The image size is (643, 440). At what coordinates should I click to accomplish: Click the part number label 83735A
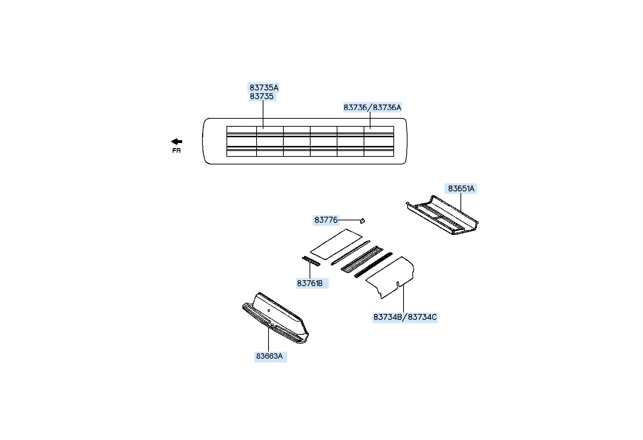pos(264,87)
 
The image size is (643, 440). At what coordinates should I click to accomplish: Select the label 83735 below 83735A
pos(262,97)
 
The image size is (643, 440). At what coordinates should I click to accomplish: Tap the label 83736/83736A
pos(372,107)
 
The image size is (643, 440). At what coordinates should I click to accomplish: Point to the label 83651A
pos(461,188)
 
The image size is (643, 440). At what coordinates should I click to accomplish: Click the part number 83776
pos(326,220)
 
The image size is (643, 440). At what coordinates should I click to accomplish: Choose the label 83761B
pos(310,283)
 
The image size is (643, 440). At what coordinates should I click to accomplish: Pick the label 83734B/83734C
pos(405,317)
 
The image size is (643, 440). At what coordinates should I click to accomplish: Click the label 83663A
pos(269,356)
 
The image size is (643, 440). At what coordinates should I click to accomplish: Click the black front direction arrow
pos(177,142)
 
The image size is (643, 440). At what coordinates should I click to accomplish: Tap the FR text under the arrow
pos(176,151)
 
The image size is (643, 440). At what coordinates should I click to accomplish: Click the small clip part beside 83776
pos(362,220)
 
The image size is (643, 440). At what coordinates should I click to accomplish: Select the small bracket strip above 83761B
pos(311,261)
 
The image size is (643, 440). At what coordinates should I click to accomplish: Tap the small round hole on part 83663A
pos(269,310)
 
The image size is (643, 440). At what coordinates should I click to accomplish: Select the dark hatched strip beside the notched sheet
pos(373,265)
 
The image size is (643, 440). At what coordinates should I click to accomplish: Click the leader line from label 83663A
pos(269,339)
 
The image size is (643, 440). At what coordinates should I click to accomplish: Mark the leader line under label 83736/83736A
pos(370,120)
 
